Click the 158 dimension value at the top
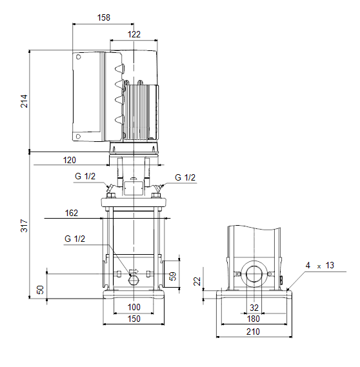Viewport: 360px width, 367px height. coord(103,17)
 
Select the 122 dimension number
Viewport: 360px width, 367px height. coord(134,34)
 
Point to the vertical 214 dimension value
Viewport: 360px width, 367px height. coord(25,101)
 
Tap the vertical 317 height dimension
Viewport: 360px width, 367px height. coord(25,226)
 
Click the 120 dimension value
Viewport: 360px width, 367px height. coord(70,160)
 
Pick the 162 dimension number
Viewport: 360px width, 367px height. coord(72,213)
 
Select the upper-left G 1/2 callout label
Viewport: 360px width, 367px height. coord(85,176)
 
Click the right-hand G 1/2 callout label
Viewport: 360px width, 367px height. coord(185,177)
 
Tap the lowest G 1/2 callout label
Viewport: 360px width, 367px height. coord(75,239)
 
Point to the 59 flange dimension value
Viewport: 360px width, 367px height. coord(172,276)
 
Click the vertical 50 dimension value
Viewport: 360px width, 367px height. coord(40,290)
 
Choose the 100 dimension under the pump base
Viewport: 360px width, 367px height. coord(134,307)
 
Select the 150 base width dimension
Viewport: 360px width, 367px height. coord(134,319)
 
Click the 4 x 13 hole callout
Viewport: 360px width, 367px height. coord(320,266)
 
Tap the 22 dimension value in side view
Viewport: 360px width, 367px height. coord(197,281)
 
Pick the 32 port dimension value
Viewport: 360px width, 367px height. coord(254,308)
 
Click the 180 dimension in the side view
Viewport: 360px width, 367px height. coord(254,319)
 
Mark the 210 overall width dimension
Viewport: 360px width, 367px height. coord(253,332)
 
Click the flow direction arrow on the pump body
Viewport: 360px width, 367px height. coord(134,272)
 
